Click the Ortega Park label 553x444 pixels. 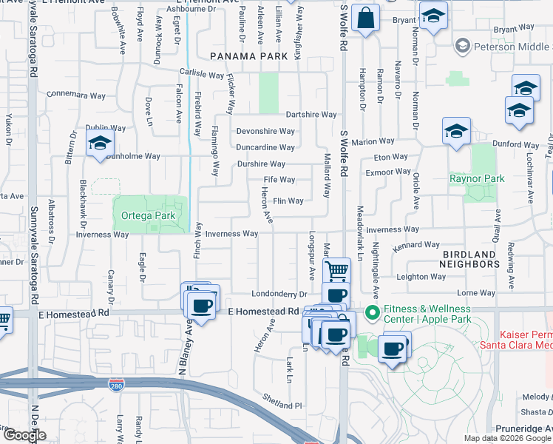pyautogui.click(x=147, y=218)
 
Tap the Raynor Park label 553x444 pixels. pyautogui.click(x=477, y=178)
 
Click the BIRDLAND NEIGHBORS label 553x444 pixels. pyautogui.click(x=478, y=258)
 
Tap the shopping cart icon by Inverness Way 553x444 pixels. pyautogui.click(x=336, y=271)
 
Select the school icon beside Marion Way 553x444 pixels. pyautogui.click(x=456, y=132)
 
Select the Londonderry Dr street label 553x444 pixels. pyautogui.click(x=279, y=294)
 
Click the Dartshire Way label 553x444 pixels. pyautogui.click(x=311, y=115)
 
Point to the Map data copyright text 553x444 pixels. pyautogui.click(x=508, y=438)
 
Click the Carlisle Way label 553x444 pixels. pyautogui.click(x=202, y=75)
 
